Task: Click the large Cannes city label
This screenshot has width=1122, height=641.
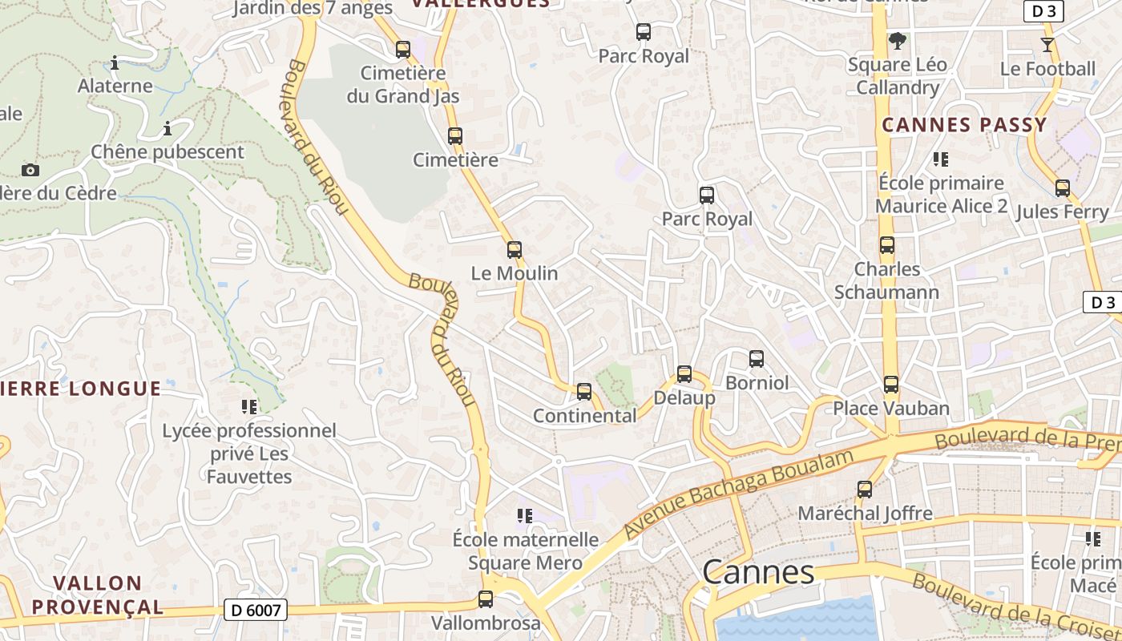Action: (758, 572)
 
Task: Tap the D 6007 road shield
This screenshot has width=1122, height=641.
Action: (255, 611)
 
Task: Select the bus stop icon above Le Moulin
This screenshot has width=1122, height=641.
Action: (515, 250)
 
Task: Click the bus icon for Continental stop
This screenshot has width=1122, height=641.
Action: (584, 392)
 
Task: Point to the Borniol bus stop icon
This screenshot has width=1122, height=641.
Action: (756, 359)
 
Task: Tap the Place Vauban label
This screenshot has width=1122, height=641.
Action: (891, 409)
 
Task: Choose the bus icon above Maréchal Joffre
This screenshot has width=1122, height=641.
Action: (865, 489)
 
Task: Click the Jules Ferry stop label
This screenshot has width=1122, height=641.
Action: (1062, 212)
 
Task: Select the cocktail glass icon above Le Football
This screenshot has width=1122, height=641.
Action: (1047, 44)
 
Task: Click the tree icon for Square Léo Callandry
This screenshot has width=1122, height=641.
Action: (898, 40)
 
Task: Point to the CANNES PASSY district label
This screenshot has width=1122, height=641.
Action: (964, 125)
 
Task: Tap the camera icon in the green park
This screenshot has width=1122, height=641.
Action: (30, 170)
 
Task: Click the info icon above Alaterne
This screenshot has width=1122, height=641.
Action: (115, 62)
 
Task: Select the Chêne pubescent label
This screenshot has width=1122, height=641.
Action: (167, 152)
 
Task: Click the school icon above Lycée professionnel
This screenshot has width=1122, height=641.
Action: (248, 407)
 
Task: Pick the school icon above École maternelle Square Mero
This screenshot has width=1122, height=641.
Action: (525, 515)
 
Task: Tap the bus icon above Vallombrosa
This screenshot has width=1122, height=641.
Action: (486, 599)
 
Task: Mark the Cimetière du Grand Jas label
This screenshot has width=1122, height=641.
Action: (402, 85)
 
